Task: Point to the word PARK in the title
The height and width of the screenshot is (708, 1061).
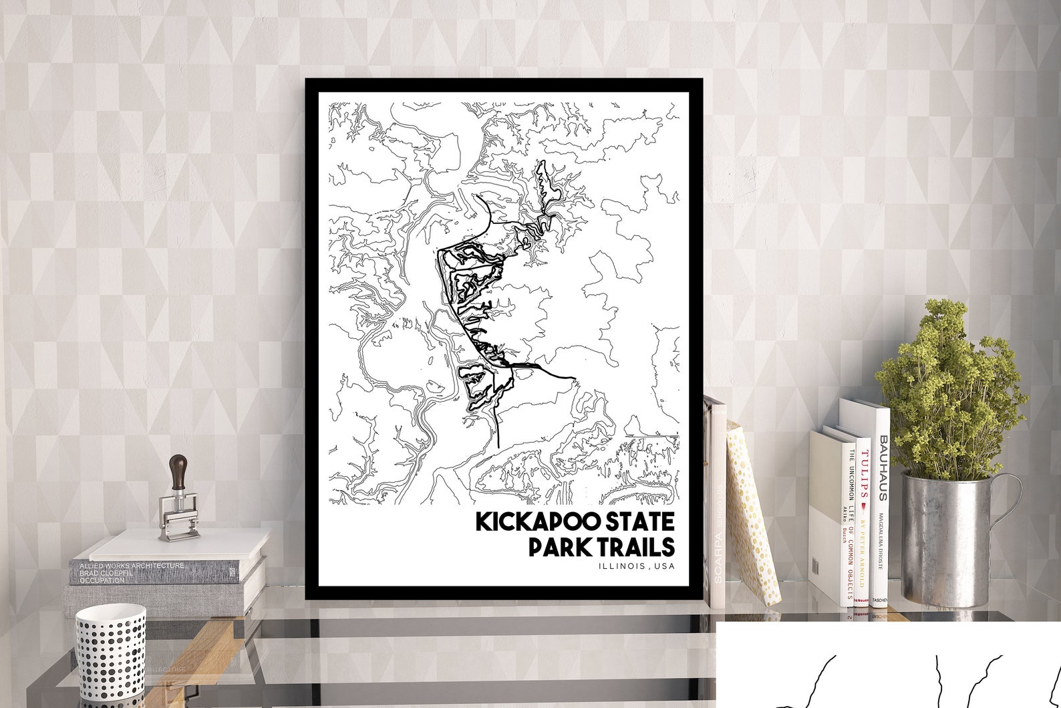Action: pyautogui.click(x=553, y=547)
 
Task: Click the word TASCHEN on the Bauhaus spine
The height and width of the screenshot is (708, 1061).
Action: pyautogui.click(x=881, y=600)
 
